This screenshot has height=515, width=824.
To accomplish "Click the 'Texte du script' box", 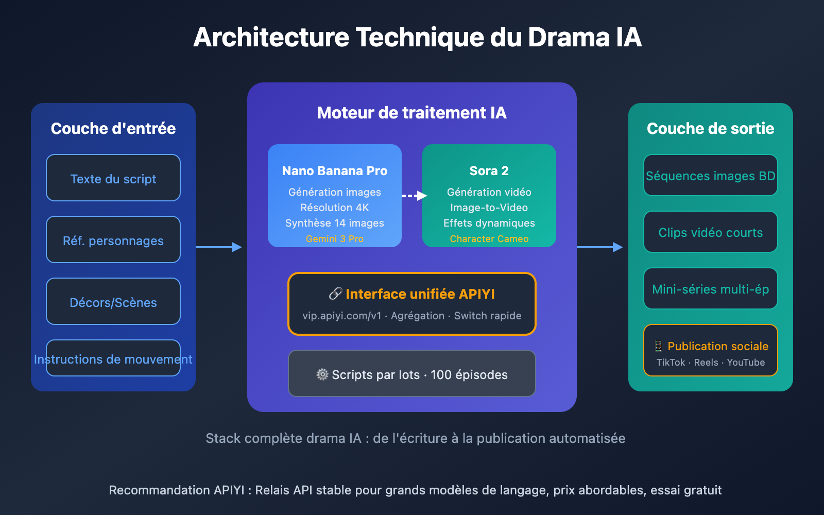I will [x=113, y=178].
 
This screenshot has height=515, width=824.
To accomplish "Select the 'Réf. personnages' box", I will [x=113, y=240].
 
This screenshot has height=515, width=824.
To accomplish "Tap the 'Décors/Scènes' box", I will [x=113, y=302].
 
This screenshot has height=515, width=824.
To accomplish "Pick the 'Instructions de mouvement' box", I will [x=113, y=358].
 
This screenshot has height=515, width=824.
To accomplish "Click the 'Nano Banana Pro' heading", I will [x=335, y=171].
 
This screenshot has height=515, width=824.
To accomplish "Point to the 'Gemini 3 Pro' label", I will [x=335, y=239].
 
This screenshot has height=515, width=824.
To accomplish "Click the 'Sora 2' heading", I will [x=489, y=171].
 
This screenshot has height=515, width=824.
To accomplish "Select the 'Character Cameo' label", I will [x=489, y=239].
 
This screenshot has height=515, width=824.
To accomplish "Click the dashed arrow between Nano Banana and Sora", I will [x=414, y=196].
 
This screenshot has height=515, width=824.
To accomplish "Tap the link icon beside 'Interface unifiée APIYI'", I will [x=335, y=294].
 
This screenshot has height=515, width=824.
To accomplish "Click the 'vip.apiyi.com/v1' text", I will [x=341, y=316].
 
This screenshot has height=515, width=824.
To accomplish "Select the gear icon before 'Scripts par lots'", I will [x=322, y=374].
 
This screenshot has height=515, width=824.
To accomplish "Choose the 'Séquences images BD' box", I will [x=711, y=176].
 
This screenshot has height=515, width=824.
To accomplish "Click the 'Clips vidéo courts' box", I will [x=711, y=232].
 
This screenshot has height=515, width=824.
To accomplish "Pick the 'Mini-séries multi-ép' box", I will [x=711, y=289].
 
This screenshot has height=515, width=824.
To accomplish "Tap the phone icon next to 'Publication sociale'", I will [x=658, y=346].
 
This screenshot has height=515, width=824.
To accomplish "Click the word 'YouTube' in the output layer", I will [x=746, y=363].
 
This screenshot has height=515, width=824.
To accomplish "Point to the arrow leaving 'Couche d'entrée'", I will [x=218, y=247].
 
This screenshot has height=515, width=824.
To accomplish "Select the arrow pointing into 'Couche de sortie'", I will [x=599, y=247].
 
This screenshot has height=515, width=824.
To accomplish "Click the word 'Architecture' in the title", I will [x=271, y=38].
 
